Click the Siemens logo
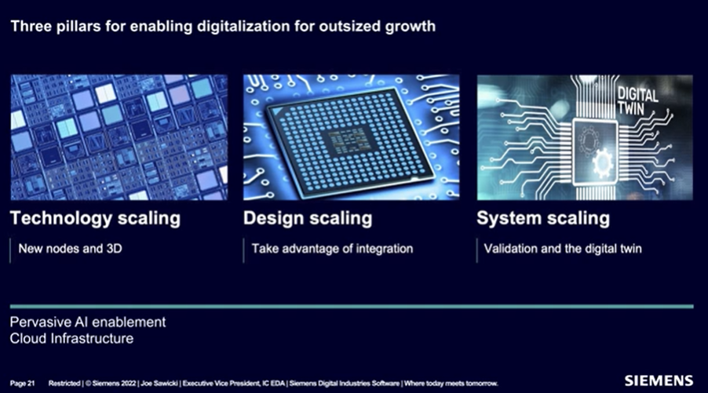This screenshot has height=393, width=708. coord(659,380)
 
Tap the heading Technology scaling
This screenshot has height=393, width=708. coord(95,218)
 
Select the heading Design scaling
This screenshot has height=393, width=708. coord(308,218)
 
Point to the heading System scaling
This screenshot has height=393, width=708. coord(543,218)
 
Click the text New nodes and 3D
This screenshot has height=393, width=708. coord(71,249)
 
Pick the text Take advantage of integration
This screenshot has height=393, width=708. coord(332,249)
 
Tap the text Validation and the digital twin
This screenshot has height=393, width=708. coord(563,249)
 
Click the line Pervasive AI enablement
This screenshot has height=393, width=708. coord(88,322)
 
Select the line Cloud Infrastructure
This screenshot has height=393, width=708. coord(71,338)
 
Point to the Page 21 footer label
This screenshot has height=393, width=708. coord(22,384)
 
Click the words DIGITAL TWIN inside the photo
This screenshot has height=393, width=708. coord(637,101)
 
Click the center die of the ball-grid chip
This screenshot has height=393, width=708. coord(349,140)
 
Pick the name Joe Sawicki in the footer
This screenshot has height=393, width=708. coord(159,384)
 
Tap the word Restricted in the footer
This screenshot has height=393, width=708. coord(64,384)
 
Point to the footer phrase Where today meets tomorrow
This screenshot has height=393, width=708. coord(451,384)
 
